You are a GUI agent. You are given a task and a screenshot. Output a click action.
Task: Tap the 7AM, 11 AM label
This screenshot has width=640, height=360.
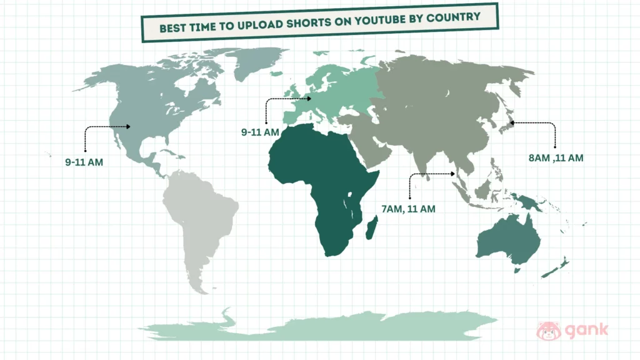tap(408, 208)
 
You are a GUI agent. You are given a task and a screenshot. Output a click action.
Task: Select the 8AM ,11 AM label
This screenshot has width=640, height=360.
tap(556, 157)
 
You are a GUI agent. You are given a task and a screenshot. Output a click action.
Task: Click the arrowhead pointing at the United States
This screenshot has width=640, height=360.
tap(128, 127)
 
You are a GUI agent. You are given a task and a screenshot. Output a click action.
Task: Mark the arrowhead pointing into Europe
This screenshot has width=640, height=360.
tap(309, 98)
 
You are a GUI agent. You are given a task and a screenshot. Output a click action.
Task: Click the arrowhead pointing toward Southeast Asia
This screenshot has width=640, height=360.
tap(454, 173)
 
